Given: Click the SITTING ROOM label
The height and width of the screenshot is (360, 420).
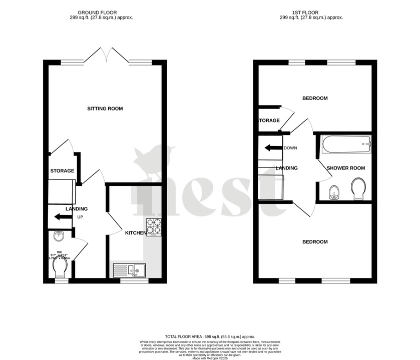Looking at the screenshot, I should (x=105, y=108).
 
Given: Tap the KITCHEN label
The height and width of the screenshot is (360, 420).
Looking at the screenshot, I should (x=136, y=233).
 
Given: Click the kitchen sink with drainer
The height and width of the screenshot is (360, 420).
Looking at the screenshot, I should (x=129, y=270).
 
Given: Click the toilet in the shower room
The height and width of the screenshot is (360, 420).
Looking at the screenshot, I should (x=359, y=189).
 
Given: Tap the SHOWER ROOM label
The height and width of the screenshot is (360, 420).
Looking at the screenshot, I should (x=346, y=168).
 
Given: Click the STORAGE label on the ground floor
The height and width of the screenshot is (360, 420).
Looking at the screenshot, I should (x=62, y=171).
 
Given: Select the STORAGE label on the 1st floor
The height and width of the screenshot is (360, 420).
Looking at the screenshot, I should (x=269, y=121).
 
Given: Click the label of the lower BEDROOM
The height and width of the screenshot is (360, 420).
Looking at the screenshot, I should (x=315, y=242).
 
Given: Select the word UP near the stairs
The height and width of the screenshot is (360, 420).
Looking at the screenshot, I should (x=80, y=217).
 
